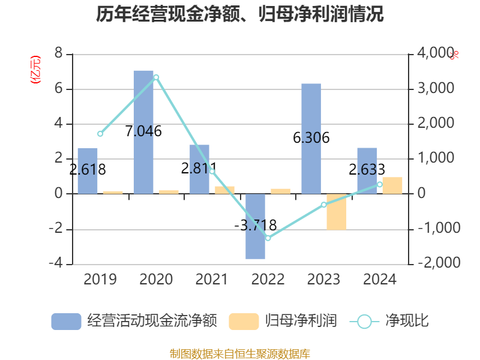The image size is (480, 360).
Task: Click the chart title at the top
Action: tap(240, 14)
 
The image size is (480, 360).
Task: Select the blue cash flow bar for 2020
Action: tap(143, 132)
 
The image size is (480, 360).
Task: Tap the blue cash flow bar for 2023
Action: tap(311, 139)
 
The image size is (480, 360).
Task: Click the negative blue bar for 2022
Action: tap(255, 226)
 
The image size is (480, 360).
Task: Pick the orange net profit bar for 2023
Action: tap(337, 212)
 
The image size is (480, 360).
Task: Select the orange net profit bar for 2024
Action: tap(392, 185)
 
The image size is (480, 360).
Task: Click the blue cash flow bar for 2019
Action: tap(88, 170)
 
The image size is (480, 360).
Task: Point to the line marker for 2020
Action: tap(156, 77)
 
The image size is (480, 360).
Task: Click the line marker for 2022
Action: tap(268, 238)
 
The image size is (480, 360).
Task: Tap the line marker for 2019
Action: tap(100, 133)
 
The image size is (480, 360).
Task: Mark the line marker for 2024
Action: tap(379, 185)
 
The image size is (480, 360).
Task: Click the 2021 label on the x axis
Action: tap(212, 280)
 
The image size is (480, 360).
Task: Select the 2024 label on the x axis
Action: tap(380, 280)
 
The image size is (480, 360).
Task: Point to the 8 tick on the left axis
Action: tap(59, 54)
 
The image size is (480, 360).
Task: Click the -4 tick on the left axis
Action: tap(56, 264)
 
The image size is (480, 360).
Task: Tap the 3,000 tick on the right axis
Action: tap(434, 89)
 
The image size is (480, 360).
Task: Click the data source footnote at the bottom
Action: tap(240, 354)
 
